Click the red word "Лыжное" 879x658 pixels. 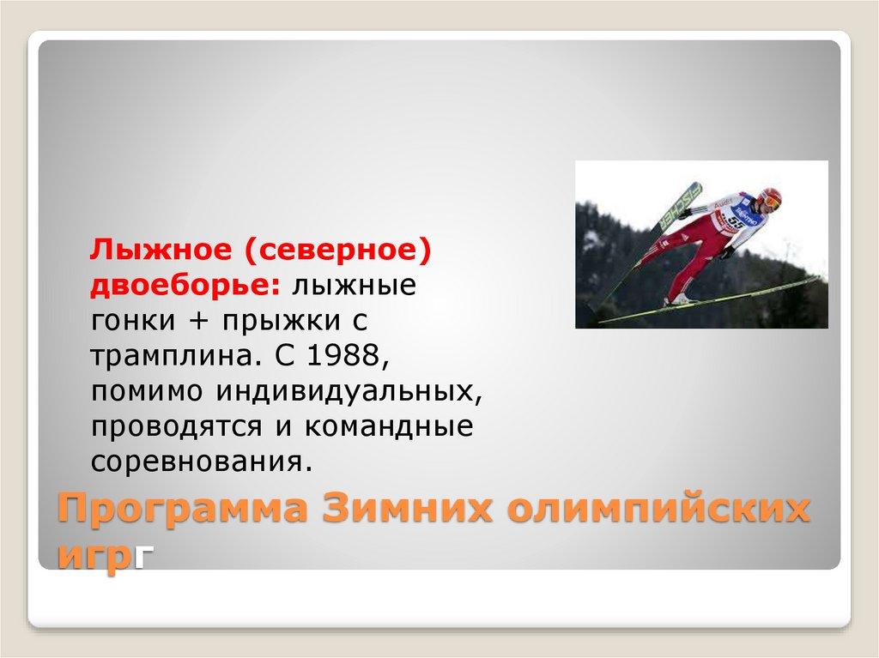(x=161, y=250)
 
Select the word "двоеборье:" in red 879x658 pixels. (x=185, y=286)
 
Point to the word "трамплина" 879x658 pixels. (x=173, y=357)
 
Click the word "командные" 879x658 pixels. (x=389, y=426)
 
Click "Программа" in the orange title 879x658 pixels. (x=184, y=509)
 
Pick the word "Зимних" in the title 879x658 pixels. (x=407, y=507)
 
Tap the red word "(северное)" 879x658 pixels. (x=338, y=251)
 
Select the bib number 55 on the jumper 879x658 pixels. (x=739, y=221)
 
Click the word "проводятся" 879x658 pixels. (x=177, y=427)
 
